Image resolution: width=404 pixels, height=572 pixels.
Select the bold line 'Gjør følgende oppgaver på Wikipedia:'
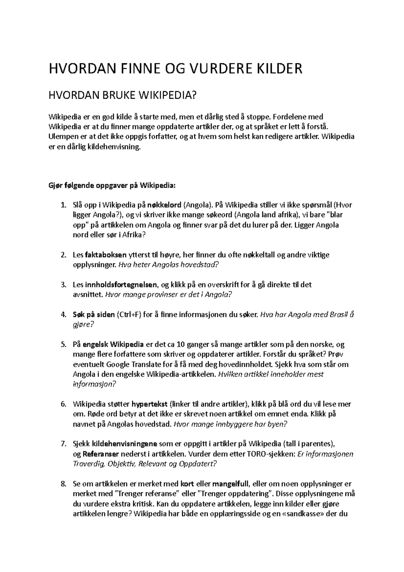click(x=112, y=185)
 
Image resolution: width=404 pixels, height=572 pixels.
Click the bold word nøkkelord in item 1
click(x=165, y=205)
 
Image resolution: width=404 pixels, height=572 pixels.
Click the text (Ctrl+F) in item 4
click(x=129, y=315)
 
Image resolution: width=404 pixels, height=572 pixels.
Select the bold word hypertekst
click(x=150, y=404)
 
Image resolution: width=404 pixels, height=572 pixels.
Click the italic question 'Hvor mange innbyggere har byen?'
click(x=231, y=424)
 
